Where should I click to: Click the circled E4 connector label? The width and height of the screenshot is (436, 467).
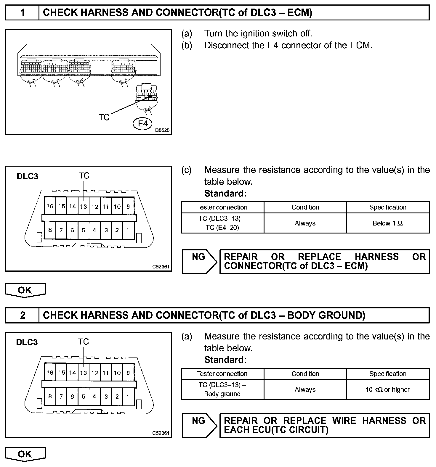pos(143,123)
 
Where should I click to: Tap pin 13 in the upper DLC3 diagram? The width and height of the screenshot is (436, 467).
pos(84,207)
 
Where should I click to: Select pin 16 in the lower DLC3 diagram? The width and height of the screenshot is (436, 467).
pos(50,373)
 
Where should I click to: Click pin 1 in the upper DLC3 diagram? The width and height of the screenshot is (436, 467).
pos(128,230)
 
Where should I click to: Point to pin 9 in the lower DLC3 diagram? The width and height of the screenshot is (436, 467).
pos(128,373)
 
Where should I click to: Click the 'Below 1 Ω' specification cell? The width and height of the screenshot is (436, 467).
pos(388,223)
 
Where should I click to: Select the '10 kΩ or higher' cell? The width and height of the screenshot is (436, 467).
pos(388,389)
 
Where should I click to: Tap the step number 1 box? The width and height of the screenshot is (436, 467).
pos(23,13)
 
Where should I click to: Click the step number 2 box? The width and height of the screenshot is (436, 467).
pos(23,315)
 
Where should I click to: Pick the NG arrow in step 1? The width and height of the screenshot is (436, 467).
pos(199,261)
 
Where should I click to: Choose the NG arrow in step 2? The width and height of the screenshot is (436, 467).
pos(199,425)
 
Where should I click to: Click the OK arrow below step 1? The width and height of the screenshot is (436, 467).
pos(25,290)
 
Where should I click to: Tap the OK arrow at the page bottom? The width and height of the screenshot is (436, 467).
pos(25,454)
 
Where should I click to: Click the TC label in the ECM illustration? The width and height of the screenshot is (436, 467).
pos(104,117)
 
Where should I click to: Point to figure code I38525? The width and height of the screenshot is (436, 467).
pos(162,130)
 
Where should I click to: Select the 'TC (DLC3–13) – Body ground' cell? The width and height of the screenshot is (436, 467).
pos(222,389)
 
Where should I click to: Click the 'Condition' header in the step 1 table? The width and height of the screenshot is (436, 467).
pos(305,207)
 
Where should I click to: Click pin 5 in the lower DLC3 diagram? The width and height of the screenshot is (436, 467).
pos(84,397)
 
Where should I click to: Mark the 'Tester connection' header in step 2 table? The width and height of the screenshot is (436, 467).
pos(222,374)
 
